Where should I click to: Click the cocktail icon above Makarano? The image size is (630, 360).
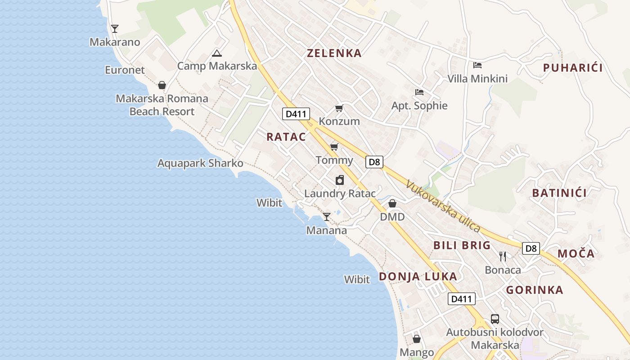(115, 29)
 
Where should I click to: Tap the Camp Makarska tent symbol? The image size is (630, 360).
(216, 53)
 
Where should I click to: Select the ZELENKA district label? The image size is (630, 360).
(334, 53)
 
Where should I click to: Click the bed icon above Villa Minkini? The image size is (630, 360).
(477, 65)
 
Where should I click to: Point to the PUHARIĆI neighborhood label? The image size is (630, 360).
(572, 68)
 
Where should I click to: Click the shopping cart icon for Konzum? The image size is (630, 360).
(339, 108)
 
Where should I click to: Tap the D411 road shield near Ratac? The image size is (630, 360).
(296, 114)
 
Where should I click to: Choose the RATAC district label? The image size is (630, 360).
(286, 137)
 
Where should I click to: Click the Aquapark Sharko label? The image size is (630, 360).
(200, 163)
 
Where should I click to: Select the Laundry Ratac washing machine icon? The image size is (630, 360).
(340, 180)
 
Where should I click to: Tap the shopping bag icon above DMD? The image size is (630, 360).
(392, 203)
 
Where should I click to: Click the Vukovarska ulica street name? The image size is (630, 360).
(443, 206)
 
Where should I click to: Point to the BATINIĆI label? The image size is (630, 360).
(559, 193)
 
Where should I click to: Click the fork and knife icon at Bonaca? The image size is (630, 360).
(503, 256)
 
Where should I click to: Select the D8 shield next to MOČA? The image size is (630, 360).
(531, 248)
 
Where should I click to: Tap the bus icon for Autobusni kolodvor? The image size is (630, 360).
(495, 319)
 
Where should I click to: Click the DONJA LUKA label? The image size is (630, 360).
(418, 276)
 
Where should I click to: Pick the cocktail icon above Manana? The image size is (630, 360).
(327, 217)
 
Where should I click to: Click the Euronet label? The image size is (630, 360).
(125, 70)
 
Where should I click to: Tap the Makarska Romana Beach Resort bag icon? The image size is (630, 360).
(162, 85)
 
